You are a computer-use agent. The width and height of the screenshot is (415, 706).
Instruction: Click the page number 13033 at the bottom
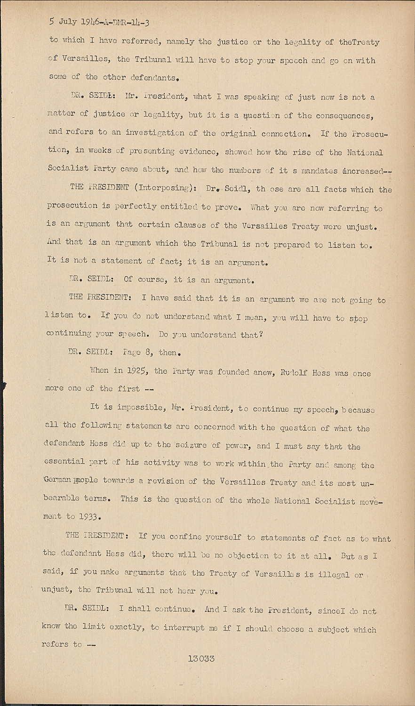pyautogui.click(x=201, y=659)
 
